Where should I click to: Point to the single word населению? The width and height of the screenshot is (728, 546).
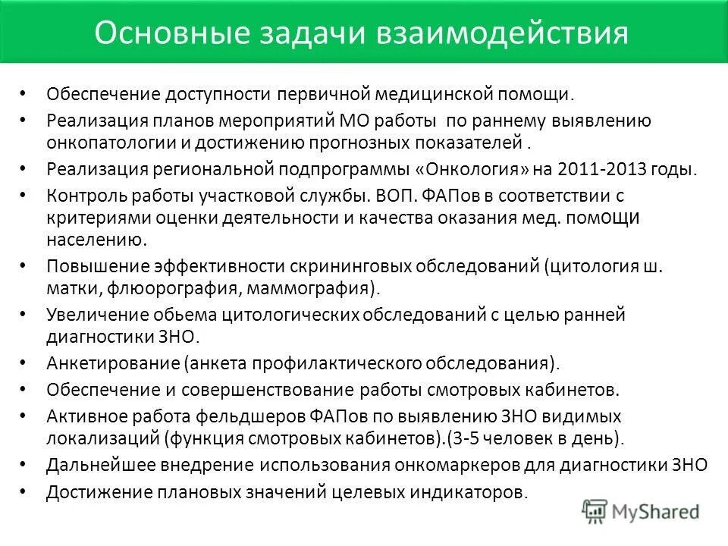pos(96,240)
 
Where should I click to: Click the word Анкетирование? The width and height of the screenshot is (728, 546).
pos(112,362)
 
